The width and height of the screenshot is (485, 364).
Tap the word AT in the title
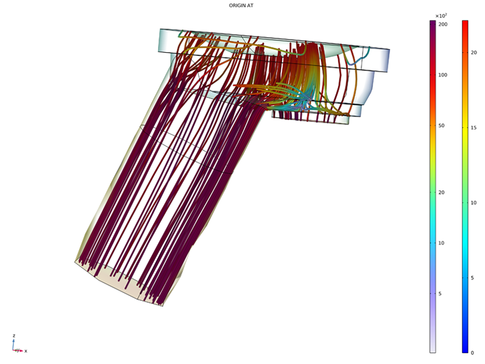point(250,5)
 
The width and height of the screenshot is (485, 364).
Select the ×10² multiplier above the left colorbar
point(441,16)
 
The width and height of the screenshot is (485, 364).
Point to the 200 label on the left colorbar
point(443,24)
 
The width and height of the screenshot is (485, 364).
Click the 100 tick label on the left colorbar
point(443,75)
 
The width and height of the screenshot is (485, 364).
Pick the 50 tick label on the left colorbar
point(441,126)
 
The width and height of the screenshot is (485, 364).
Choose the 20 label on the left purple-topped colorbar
point(441,192)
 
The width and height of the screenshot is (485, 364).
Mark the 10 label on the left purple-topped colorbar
point(441,243)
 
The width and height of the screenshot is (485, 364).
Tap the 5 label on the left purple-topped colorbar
point(440,294)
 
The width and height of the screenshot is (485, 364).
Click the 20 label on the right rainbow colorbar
point(474,53)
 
